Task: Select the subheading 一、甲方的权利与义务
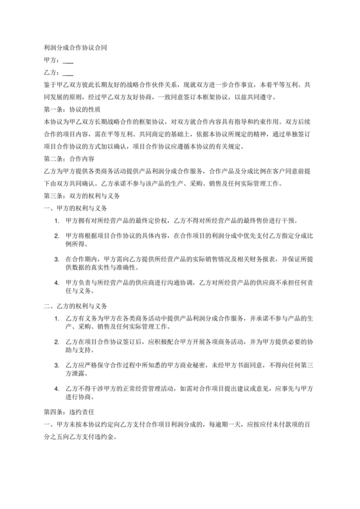coord(75,208)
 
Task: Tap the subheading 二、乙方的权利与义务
coord(75,305)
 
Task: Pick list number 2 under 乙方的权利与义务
coord(58,341)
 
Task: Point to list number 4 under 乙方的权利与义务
coord(58,390)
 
